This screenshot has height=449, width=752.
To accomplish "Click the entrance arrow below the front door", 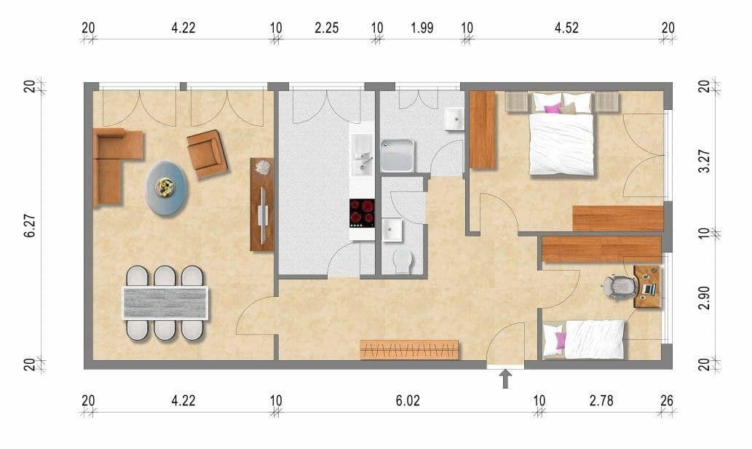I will pyautogui.click(x=506, y=378).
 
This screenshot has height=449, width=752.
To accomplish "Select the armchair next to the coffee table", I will pyautogui.click(x=207, y=154).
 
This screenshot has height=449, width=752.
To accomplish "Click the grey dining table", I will pyautogui.click(x=165, y=303).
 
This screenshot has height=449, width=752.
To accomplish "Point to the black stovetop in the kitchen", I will pyautogui.click(x=363, y=212).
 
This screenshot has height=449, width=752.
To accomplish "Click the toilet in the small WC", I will pyautogui.click(x=402, y=260).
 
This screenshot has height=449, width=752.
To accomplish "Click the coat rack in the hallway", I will pyautogui.click(x=409, y=350).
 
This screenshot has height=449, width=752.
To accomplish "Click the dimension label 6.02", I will pyautogui.click(x=408, y=400).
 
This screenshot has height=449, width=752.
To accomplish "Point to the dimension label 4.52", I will pyautogui.click(x=566, y=28).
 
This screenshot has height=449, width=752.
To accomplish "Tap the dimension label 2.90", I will pyautogui.click(x=704, y=298).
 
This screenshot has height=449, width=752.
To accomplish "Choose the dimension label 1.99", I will pyautogui.click(x=421, y=28).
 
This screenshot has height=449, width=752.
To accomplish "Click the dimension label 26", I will pyautogui.click(x=668, y=400).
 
